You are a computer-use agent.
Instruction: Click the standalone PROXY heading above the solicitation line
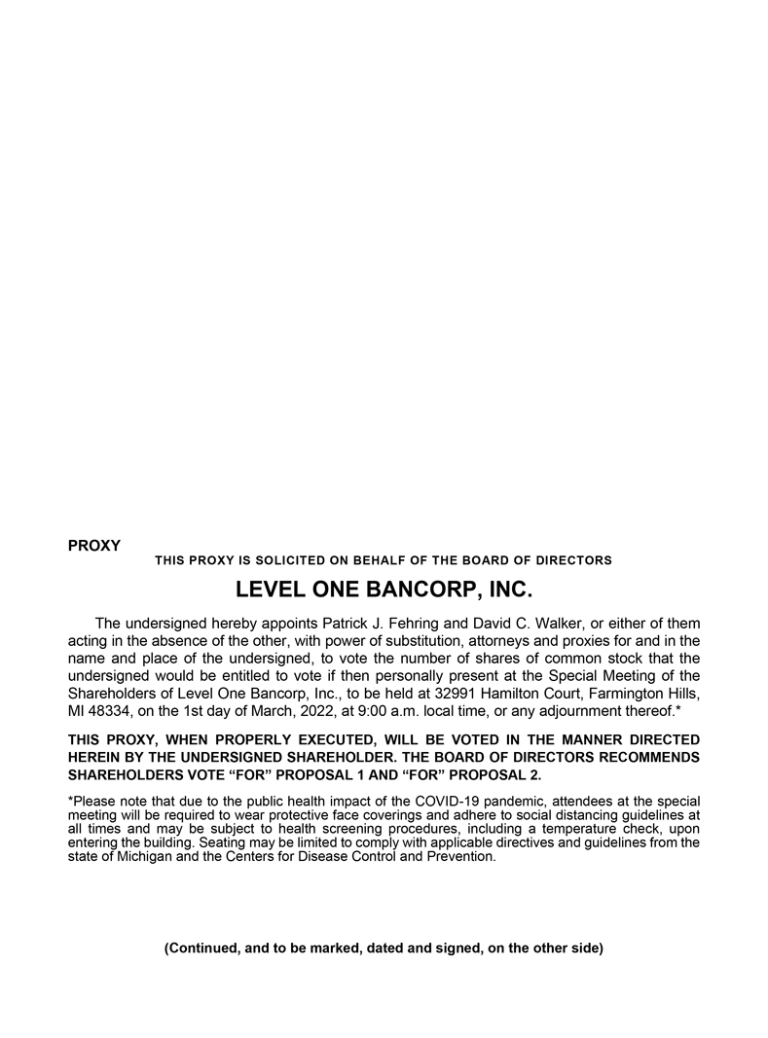pos(94,546)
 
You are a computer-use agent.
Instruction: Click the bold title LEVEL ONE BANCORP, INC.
pos(384,590)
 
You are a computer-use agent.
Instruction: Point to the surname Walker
pos(559,623)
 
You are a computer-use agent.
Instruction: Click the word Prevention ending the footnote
pos(461,857)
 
